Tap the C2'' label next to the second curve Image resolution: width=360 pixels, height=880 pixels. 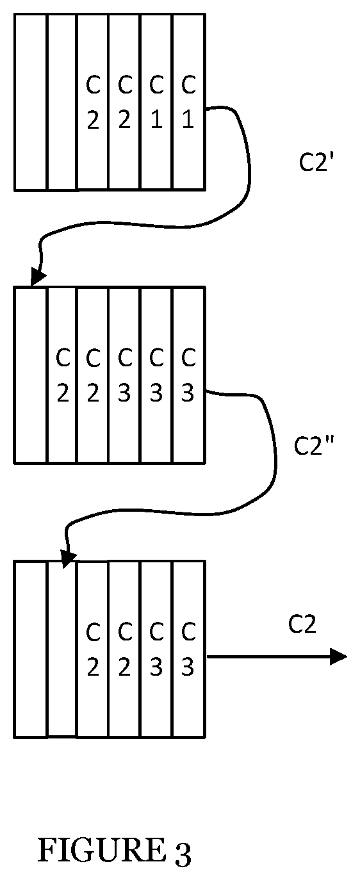click(314, 445)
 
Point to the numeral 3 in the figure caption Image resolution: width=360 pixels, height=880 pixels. click(181, 853)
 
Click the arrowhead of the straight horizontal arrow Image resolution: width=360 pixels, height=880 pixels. click(338, 656)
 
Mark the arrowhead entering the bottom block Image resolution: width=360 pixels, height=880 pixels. click(69, 558)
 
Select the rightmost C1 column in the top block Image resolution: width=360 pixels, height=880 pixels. click(188, 102)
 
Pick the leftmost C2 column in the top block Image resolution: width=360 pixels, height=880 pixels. click(92, 102)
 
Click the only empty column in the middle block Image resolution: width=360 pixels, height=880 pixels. click(31, 375)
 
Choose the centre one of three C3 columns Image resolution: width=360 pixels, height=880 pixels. click(156, 375)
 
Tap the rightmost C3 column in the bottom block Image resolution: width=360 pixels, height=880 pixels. click(188, 649)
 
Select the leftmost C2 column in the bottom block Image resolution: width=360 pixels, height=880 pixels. click(92, 649)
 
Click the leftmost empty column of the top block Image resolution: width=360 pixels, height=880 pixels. click(31, 102)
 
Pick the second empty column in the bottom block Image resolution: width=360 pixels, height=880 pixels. click(61, 649)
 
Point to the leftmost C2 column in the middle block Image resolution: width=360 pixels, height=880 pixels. click(61, 375)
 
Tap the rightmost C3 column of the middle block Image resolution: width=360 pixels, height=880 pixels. click(188, 375)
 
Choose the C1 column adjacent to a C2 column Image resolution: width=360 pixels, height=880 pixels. click(156, 102)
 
